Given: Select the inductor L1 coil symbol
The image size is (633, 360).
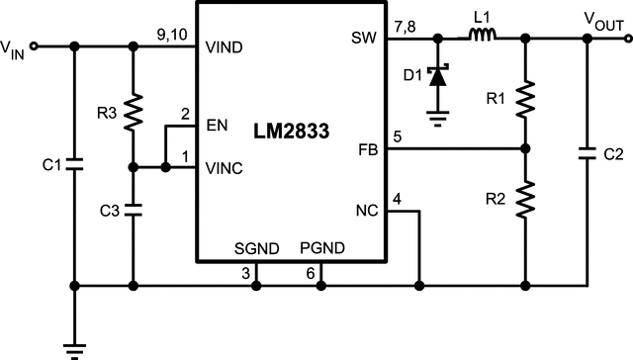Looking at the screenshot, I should point(483,38).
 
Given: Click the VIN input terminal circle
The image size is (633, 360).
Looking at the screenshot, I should point(35,45).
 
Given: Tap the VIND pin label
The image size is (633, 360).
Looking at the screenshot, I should point(225,46).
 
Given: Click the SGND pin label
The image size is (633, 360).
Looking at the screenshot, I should point(255,247).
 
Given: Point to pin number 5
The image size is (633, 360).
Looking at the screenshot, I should point(397,137).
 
